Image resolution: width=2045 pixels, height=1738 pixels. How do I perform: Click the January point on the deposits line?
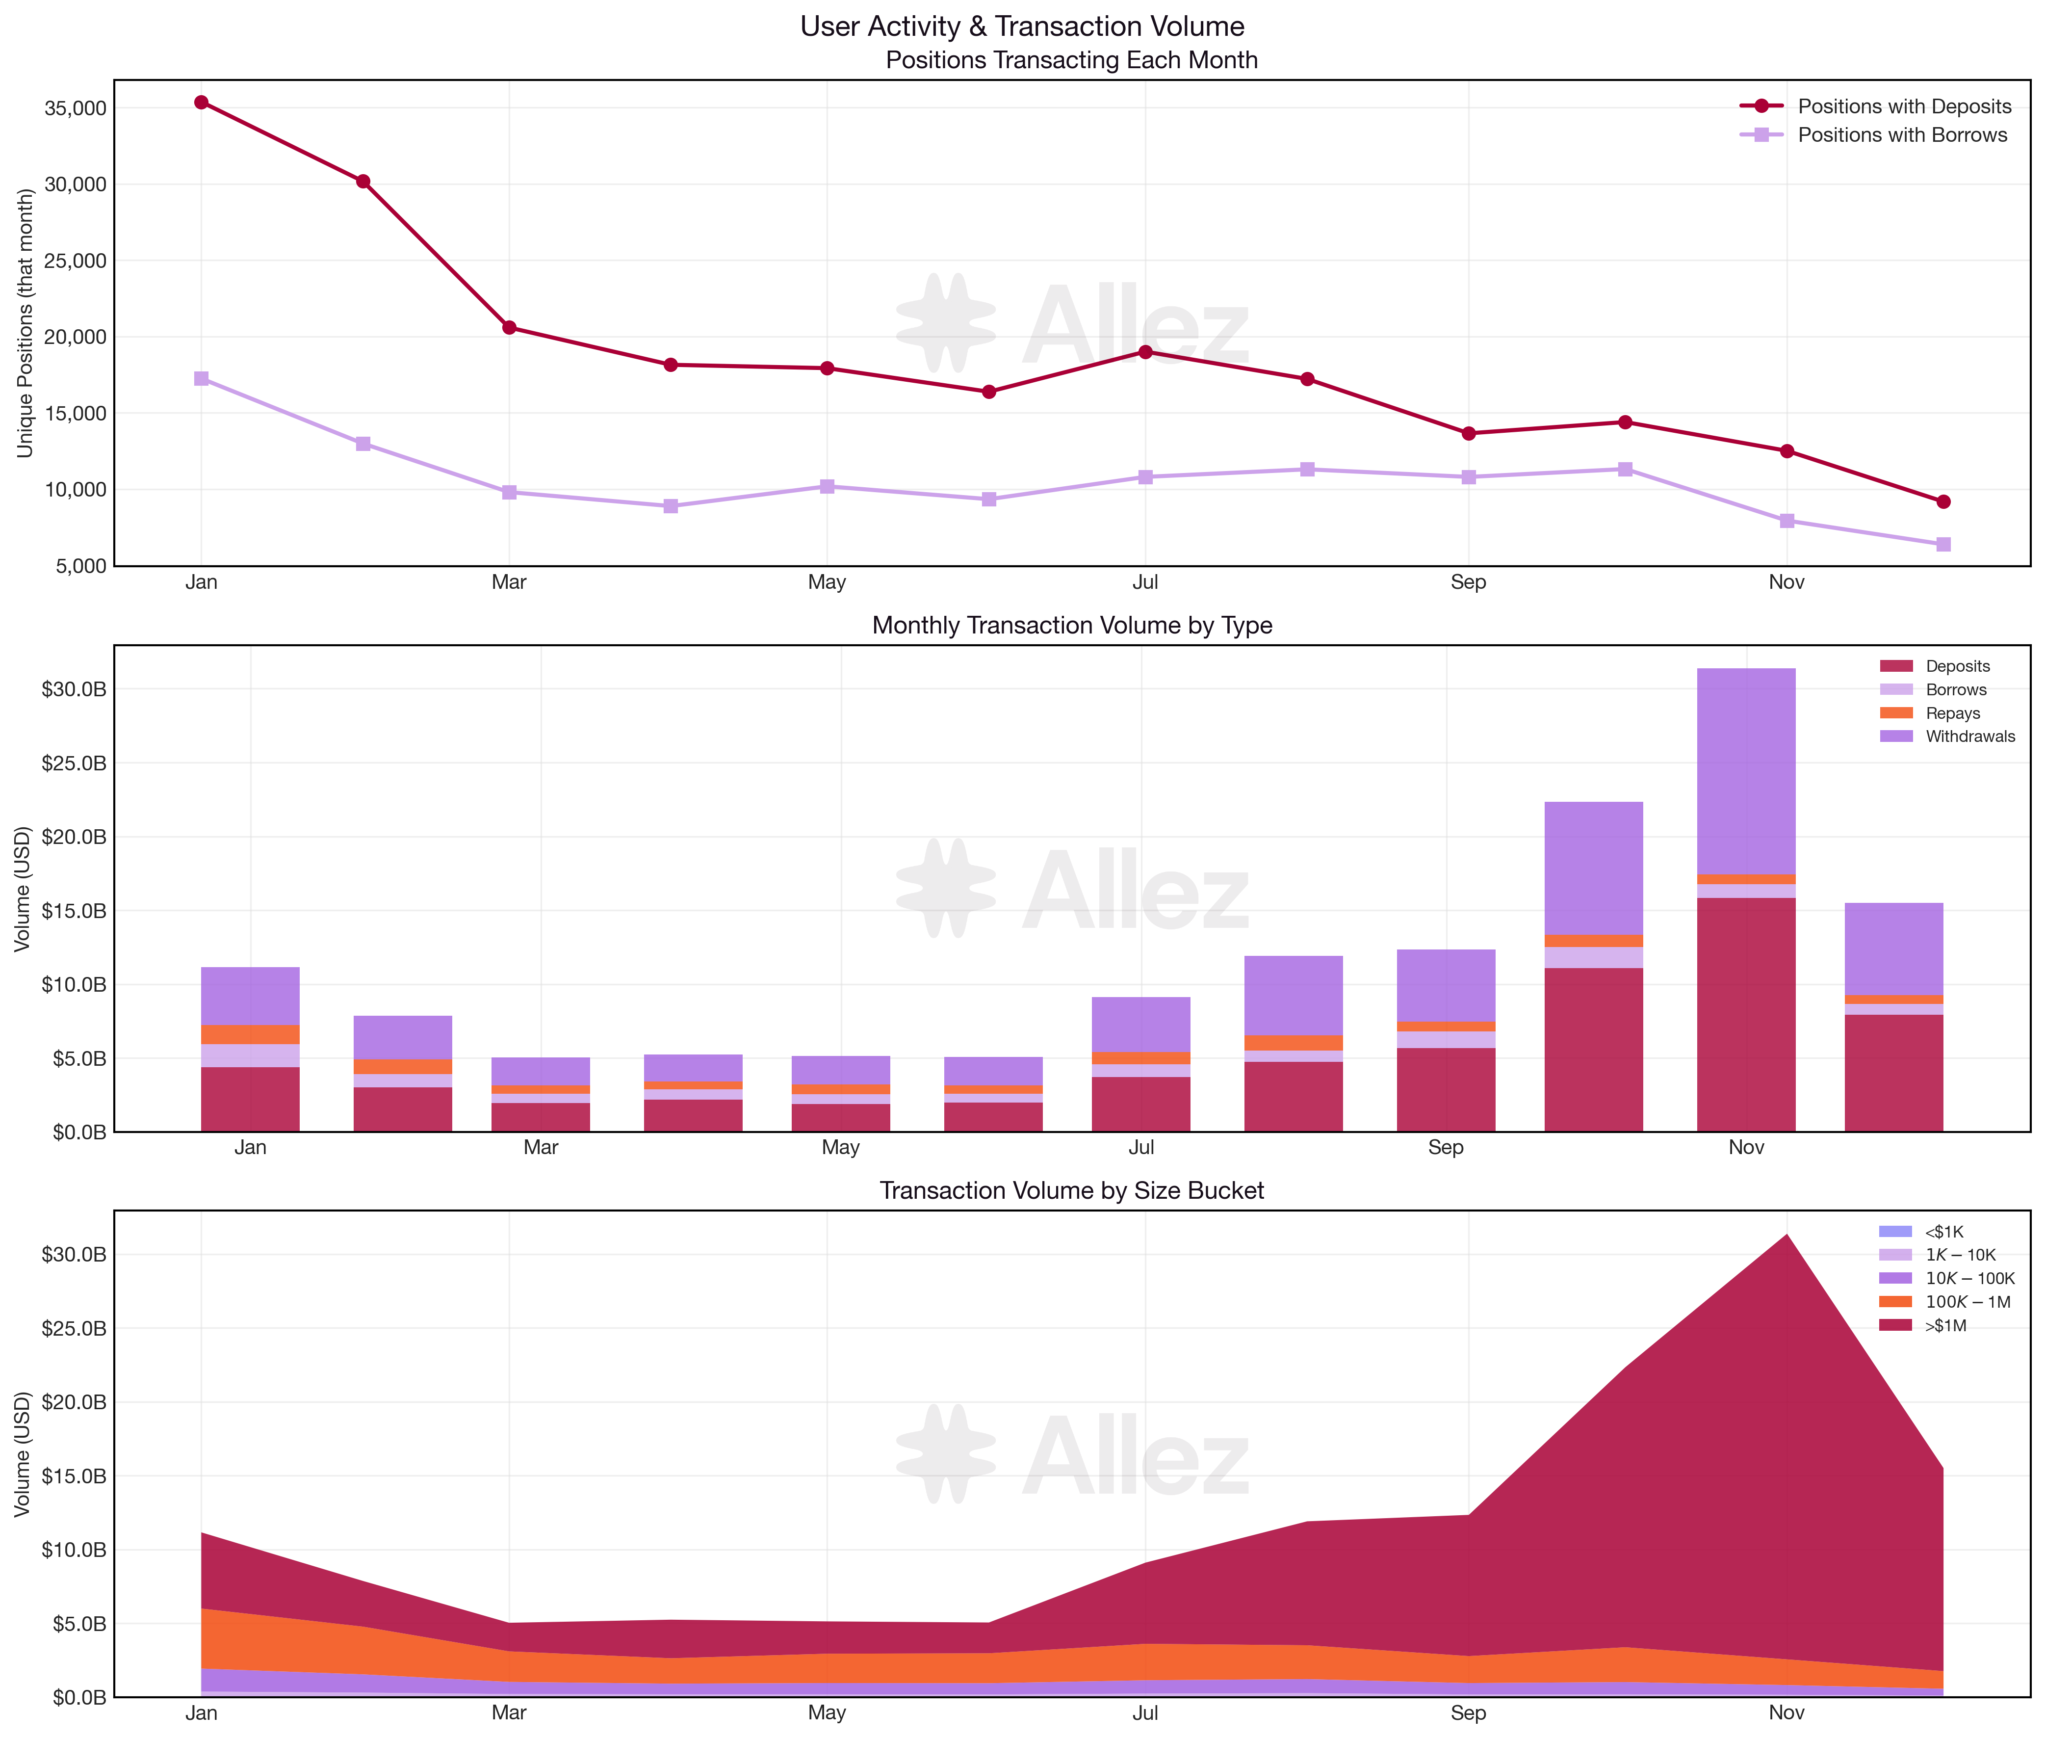(x=201, y=103)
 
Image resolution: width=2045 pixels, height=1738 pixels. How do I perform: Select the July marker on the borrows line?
(x=1145, y=477)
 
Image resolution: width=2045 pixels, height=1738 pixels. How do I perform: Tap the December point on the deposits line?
(x=1942, y=501)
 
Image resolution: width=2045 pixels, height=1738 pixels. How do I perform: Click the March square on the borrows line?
(x=509, y=492)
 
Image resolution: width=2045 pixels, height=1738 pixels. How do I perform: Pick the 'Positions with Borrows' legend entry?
(x=1901, y=135)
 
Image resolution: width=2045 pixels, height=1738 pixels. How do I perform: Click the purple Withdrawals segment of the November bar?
(x=1746, y=771)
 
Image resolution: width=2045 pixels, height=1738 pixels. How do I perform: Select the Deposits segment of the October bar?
(x=1593, y=1049)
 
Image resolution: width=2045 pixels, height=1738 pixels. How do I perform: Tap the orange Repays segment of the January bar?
(x=250, y=1034)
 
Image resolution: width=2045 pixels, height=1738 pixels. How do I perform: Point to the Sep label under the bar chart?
(x=1445, y=1148)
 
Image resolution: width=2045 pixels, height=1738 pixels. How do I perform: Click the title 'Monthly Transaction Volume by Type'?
(x=1072, y=626)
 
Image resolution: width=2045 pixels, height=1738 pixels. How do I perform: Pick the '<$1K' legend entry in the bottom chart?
(x=1942, y=1232)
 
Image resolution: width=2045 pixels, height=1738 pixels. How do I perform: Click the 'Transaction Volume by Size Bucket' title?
(x=1072, y=1191)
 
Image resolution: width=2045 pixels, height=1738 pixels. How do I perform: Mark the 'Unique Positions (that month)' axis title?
(x=26, y=323)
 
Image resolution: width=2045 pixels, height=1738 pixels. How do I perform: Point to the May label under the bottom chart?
(x=827, y=1712)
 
